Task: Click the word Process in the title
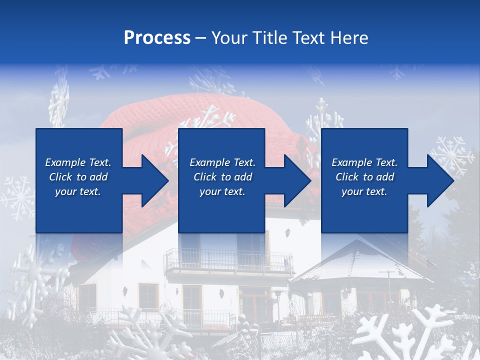[x=157, y=38]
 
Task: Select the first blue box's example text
[x=78, y=177]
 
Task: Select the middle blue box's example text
[x=222, y=177]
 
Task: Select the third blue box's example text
[x=364, y=177]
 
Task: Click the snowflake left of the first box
[x=17, y=197]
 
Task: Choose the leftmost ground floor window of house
[x=87, y=298]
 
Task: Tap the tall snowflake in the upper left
[x=59, y=102]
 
